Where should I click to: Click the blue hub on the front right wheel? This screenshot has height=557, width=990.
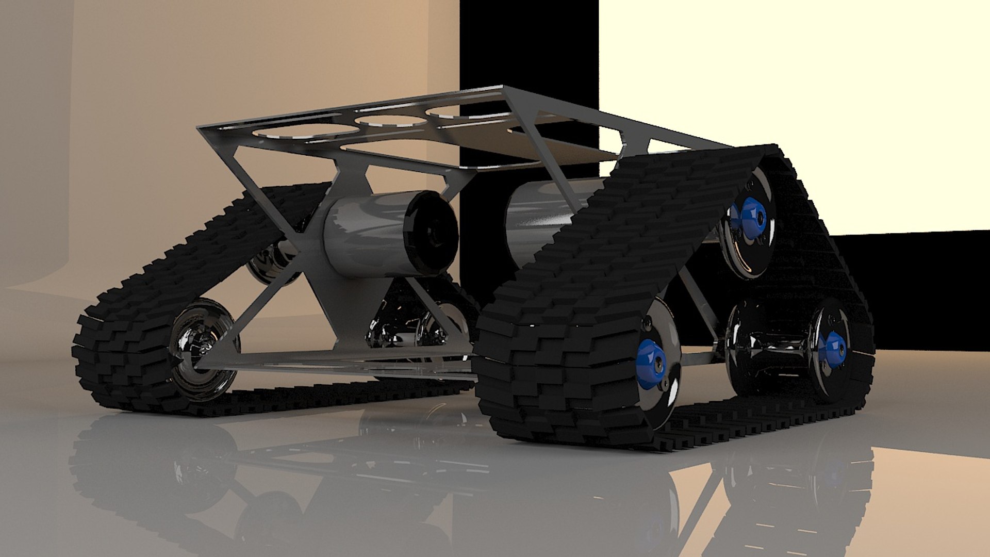[x=651, y=363]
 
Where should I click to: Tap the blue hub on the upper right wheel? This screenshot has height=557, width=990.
[x=751, y=219]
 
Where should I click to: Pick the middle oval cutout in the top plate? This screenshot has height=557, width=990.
[x=391, y=121]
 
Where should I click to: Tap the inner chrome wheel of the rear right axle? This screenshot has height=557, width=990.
[x=742, y=346]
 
